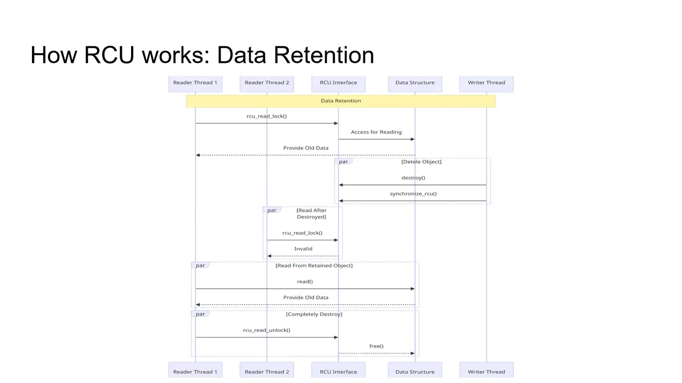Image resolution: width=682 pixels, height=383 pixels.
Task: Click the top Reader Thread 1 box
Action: click(x=195, y=84)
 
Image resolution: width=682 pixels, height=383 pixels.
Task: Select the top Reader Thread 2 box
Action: click(x=267, y=84)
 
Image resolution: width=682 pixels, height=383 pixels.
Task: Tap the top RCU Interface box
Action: click(x=338, y=84)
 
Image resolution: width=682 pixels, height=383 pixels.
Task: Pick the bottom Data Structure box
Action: click(x=415, y=370)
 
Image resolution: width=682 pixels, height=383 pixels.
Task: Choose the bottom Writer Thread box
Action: click(x=486, y=370)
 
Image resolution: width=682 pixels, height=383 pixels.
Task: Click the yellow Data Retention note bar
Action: click(x=340, y=101)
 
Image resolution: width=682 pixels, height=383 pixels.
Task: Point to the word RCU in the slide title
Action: click(x=109, y=55)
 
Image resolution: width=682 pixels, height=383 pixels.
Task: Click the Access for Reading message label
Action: click(x=376, y=132)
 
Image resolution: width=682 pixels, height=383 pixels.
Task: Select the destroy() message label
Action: click(x=413, y=178)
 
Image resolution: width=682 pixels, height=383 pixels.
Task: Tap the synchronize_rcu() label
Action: click(x=413, y=194)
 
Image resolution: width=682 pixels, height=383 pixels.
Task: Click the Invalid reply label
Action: click(x=303, y=248)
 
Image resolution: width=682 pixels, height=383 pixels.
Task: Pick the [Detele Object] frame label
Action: click(x=421, y=162)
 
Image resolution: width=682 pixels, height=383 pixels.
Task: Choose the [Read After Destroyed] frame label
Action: click(x=312, y=213)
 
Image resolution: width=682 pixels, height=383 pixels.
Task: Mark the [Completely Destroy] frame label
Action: click(x=314, y=314)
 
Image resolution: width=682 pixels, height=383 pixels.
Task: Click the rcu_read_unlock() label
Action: click(x=266, y=330)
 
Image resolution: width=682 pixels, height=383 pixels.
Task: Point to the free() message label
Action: click(x=376, y=346)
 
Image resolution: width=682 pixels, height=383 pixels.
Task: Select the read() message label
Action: click(x=305, y=281)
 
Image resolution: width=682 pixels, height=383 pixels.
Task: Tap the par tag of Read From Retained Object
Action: click(x=200, y=265)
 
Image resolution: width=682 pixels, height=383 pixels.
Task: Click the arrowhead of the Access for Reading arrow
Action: click(x=412, y=139)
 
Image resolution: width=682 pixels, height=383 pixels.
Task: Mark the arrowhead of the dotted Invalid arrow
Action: click(x=270, y=256)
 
